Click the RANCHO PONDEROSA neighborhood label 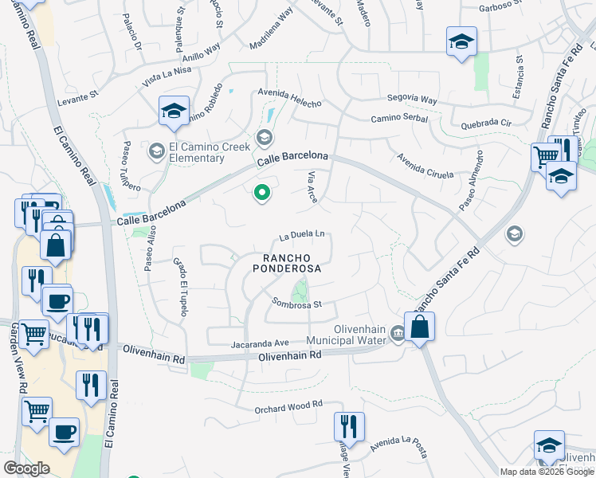pos(287,263)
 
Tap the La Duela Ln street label pos(302,236)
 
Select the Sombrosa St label pos(296,304)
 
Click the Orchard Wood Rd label pos(288,406)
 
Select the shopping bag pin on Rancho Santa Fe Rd pos(419,326)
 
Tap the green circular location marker pos(261,193)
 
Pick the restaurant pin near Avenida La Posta pos(349,427)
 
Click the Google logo pos(26,468)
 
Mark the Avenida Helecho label pos(289,103)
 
